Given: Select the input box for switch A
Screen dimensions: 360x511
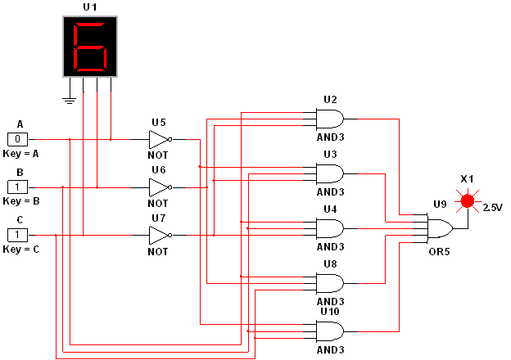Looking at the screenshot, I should (18, 139).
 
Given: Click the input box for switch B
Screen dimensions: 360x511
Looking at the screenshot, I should (18, 187).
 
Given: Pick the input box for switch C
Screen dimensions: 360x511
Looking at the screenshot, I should (18, 236).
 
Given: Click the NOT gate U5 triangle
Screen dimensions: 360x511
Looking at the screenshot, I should (159, 139).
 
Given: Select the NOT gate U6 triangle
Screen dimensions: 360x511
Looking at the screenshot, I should (159, 187).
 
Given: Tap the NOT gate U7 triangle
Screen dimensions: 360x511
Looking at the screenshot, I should (159, 236).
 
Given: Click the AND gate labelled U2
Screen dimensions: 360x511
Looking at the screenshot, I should (330, 119).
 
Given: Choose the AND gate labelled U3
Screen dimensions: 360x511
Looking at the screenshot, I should (330, 173).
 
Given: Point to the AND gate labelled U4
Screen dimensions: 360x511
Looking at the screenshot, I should (330, 228).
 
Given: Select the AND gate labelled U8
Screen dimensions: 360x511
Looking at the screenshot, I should (330, 283).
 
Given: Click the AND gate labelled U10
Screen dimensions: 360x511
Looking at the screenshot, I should (330, 331).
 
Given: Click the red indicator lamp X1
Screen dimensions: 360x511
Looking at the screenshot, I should (468, 200).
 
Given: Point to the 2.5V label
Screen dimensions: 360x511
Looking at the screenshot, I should (493, 207).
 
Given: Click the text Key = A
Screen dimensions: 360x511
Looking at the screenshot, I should (20, 153).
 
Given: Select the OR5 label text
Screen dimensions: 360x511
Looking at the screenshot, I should (439, 251).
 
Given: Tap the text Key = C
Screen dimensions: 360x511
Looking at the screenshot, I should (20, 249).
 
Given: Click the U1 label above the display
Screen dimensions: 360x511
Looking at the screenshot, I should (89, 7).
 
